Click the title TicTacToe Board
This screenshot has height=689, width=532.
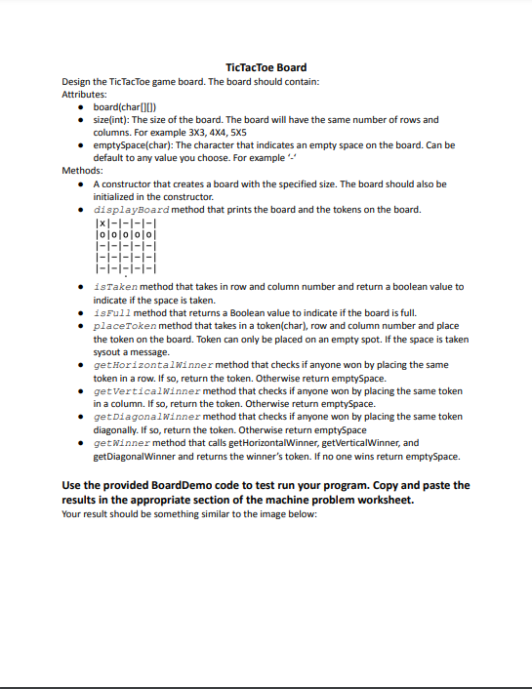pos(266,67)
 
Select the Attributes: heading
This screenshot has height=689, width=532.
pos(85,94)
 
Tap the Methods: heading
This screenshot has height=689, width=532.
pos(82,170)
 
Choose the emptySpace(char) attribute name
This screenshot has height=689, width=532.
pos(135,144)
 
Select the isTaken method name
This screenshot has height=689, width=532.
pos(114,287)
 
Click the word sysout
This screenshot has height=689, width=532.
pos(106,351)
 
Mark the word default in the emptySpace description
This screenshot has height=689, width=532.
pos(108,157)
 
